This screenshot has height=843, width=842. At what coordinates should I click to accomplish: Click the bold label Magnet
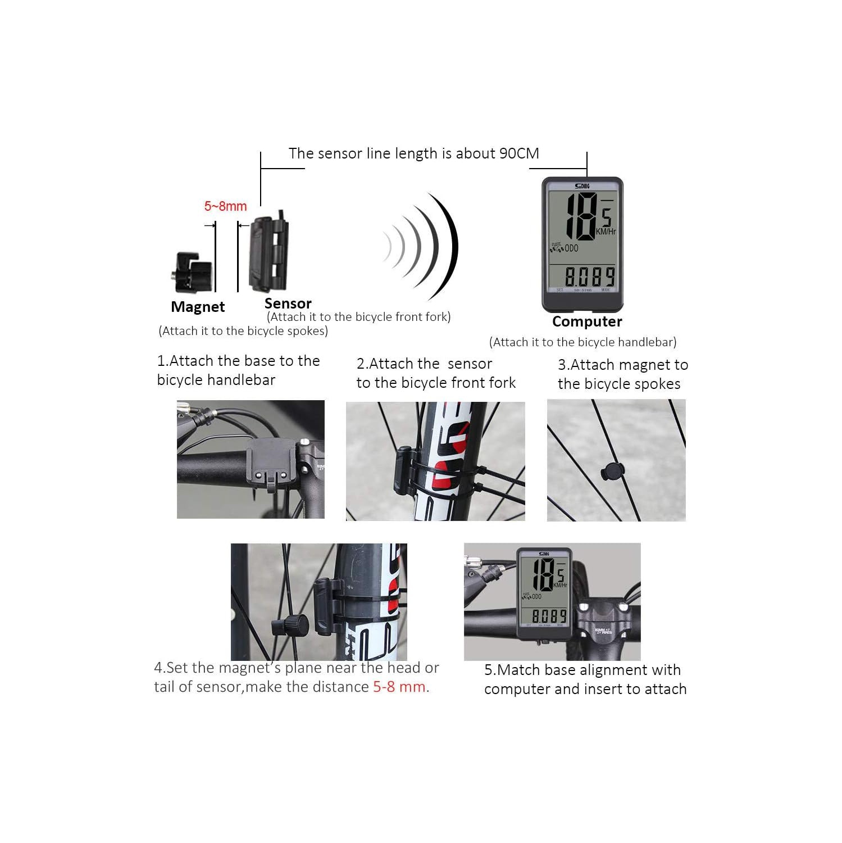198,307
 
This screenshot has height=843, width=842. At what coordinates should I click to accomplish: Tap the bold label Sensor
288,303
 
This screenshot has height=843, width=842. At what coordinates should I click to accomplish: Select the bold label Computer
587,321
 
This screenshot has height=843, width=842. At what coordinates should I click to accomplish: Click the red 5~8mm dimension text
225,206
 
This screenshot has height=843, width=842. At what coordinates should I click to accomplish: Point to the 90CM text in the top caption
519,153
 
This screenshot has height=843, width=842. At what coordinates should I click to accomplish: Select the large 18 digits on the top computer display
581,216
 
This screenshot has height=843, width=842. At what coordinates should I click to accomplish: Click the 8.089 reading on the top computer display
590,277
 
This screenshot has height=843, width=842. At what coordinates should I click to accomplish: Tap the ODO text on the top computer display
571,248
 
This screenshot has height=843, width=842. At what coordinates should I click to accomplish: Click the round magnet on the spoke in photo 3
612,472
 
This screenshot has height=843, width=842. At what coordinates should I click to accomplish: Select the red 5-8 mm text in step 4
399,687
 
